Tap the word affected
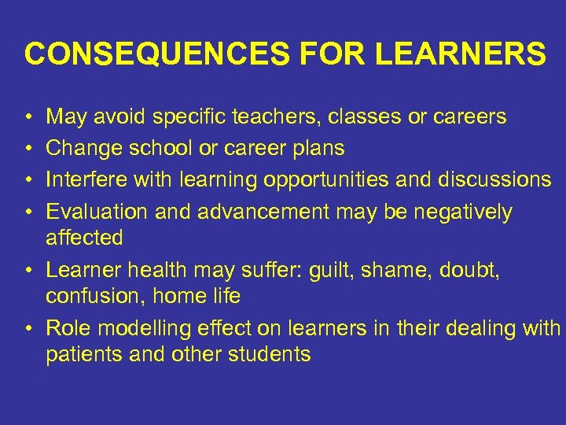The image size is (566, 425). tap(84, 237)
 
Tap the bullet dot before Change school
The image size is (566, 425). tap(29, 149)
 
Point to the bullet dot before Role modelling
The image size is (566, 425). tap(29, 328)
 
